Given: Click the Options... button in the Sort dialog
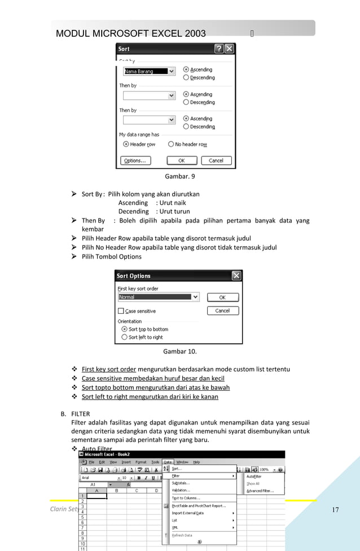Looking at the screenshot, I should (135, 160).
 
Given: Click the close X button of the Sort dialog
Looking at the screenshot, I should (229, 49).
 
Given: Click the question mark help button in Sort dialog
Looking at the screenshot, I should (219, 49).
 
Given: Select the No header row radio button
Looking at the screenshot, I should (170, 145).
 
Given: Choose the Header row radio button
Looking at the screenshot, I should (126, 145).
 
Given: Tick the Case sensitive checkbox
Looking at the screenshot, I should (121, 311).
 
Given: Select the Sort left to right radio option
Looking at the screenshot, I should (124, 337).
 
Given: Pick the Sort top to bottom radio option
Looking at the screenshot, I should (124, 329).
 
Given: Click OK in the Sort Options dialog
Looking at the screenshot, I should (222, 297).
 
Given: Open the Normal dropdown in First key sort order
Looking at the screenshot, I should (195, 297).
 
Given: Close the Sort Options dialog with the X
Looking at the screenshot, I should (236, 275).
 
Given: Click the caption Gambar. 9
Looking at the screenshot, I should (179, 177).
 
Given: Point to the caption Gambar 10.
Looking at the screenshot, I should (179, 352).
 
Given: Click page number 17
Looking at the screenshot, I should (335, 510).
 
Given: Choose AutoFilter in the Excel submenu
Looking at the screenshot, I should (254, 476).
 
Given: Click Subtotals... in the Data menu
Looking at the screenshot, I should (181, 483).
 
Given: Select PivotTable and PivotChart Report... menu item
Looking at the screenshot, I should (198, 506).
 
